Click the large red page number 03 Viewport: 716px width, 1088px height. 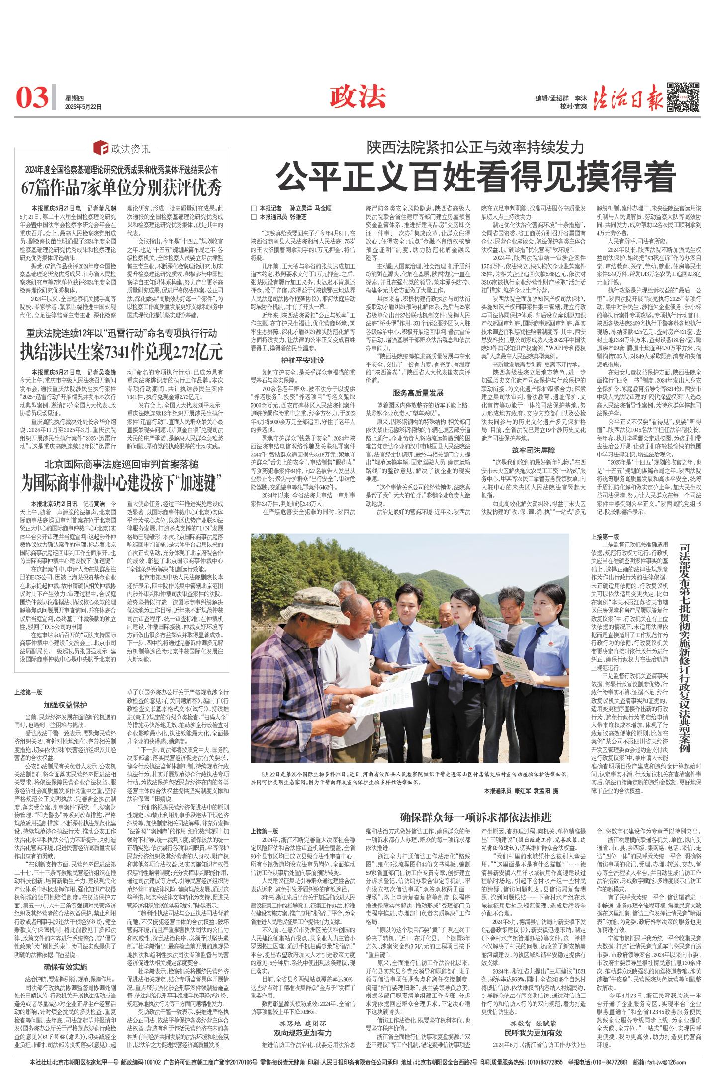click(32, 97)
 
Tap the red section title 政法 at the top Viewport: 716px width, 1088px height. click(358, 96)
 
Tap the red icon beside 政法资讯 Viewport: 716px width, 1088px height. click(101, 148)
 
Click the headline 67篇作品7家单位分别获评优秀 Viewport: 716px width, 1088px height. click(122, 188)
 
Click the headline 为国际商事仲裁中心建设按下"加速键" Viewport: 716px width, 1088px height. click(122, 482)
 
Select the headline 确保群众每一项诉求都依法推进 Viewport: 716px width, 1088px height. click(476, 817)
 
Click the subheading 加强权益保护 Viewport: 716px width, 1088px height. click(65, 705)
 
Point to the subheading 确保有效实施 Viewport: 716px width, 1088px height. click(65, 967)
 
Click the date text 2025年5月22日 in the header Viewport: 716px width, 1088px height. click(84, 106)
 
